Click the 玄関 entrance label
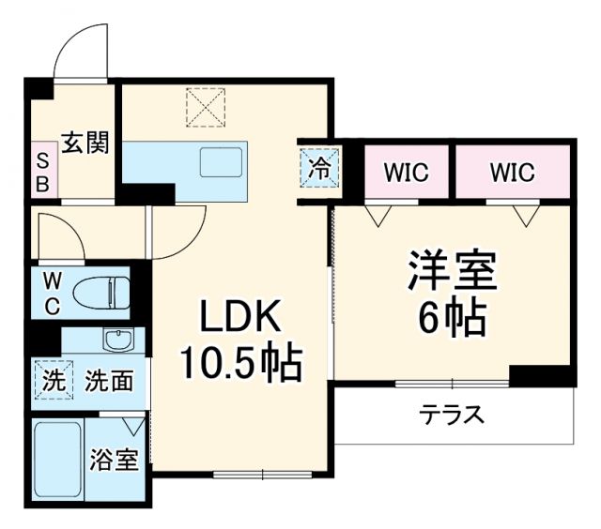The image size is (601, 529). tap(85, 143)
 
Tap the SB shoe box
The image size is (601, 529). tap(42, 171)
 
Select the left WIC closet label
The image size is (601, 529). tap(406, 173)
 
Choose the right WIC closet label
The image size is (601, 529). tap(512, 173)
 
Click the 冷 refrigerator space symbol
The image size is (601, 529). tap(319, 170)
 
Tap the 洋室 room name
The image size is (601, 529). tap(451, 274)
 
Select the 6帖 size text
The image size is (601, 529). tap(451, 319)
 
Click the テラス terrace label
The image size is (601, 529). tap(452, 414)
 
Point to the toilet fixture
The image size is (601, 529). tap(102, 292)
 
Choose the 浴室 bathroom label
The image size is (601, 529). tap(116, 461)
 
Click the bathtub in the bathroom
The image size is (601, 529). tap(56, 461)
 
